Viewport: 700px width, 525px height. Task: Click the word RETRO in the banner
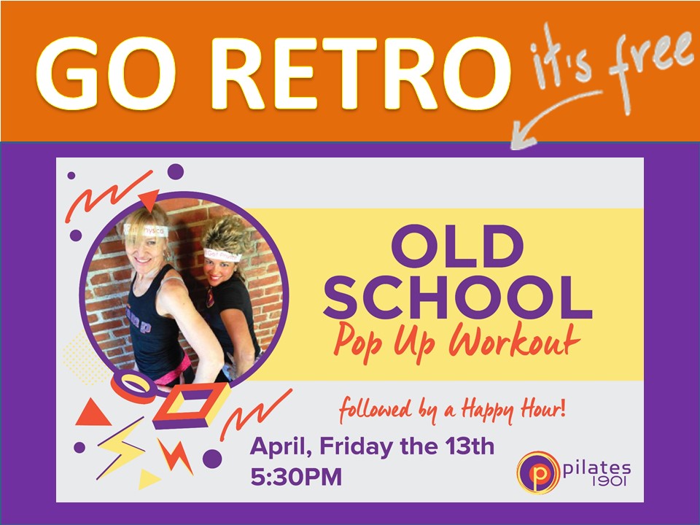pyautogui.click(x=360, y=74)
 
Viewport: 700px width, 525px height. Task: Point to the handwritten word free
pyautogui.click(x=650, y=67)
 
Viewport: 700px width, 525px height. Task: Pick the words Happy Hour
pyautogui.click(x=513, y=409)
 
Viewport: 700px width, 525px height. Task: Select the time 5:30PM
pyautogui.click(x=296, y=476)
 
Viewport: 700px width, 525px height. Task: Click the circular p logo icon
pyautogui.click(x=538, y=472)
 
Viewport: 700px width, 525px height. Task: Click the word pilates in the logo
pyautogui.click(x=597, y=468)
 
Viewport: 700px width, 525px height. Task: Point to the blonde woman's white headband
pyautogui.click(x=146, y=230)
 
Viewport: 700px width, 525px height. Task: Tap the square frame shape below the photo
pyautogui.click(x=191, y=405)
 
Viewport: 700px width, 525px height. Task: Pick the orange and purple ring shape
pyautogui.click(x=133, y=386)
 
